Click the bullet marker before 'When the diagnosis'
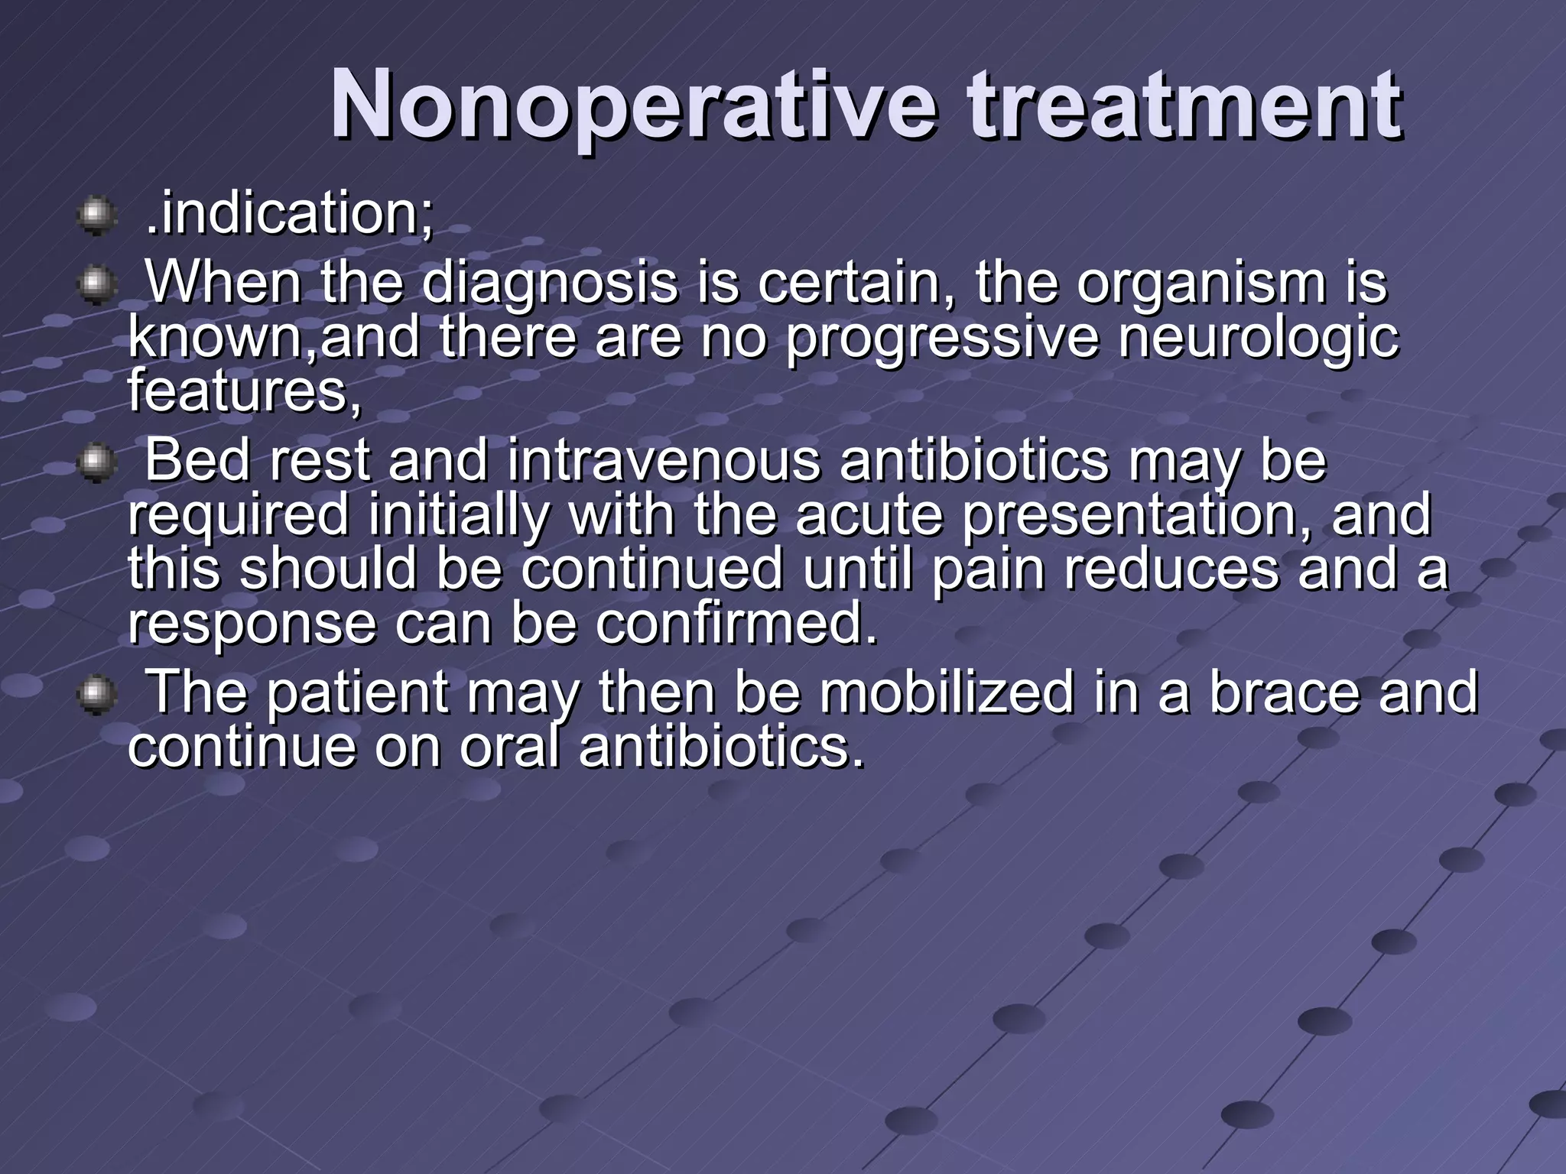pyautogui.click(x=96, y=285)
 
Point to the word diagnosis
pyautogui.click(x=549, y=283)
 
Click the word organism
pyautogui.click(x=1201, y=283)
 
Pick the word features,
pyautogui.click(x=244, y=390)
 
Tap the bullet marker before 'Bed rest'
pyautogui.click(x=96, y=462)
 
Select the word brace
pyautogui.click(x=1284, y=692)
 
